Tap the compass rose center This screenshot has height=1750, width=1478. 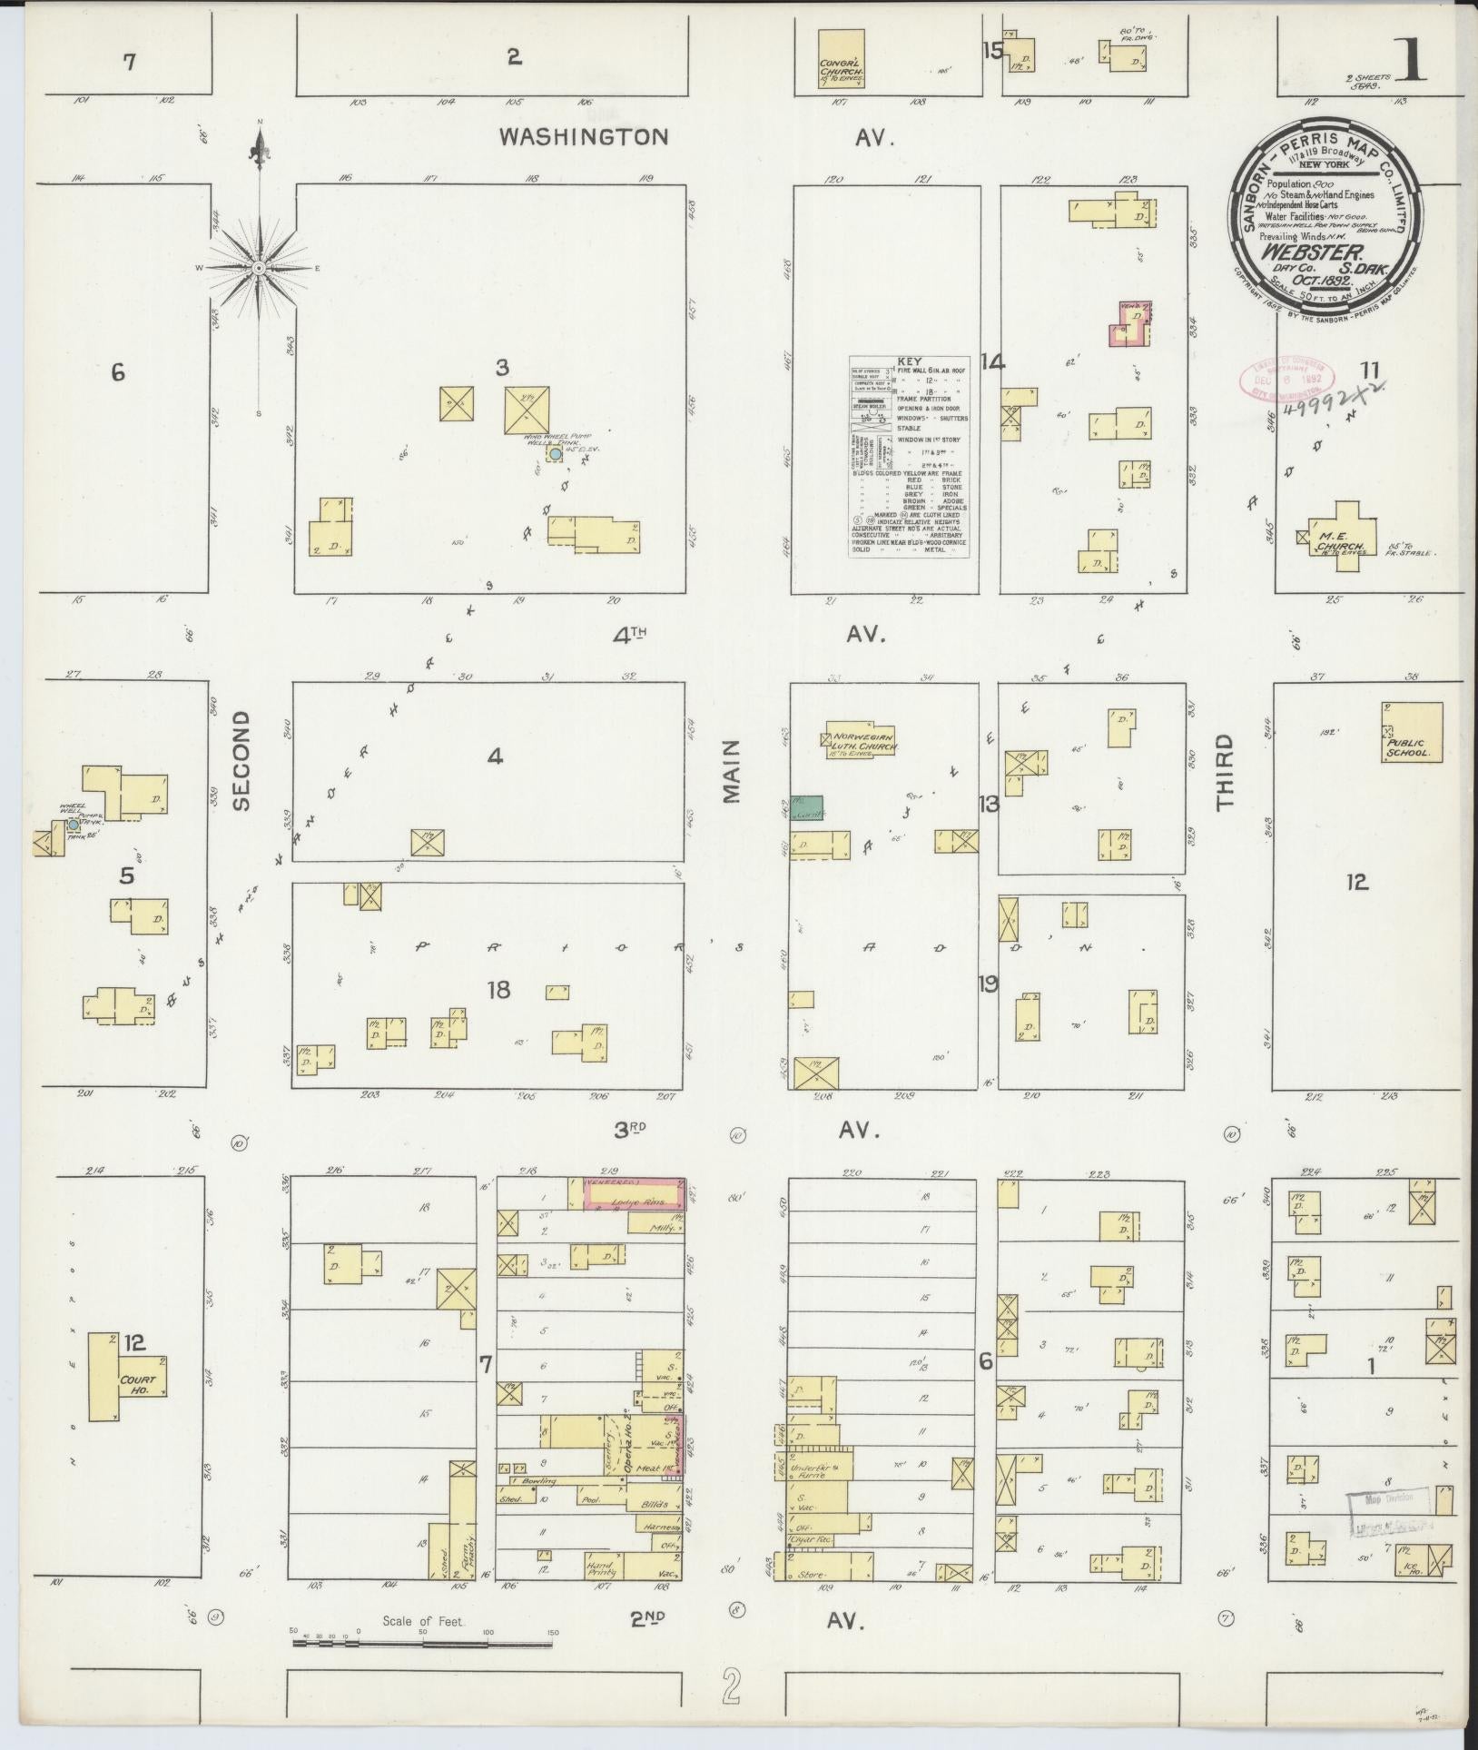(x=259, y=268)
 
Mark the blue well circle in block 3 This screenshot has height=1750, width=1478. (x=555, y=455)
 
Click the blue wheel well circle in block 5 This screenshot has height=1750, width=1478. (x=73, y=825)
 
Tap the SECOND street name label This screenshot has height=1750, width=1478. (x=241, y=759)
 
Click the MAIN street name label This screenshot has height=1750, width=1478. (x=733, y=769)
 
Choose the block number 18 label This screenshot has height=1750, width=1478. (x=498, y=989)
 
